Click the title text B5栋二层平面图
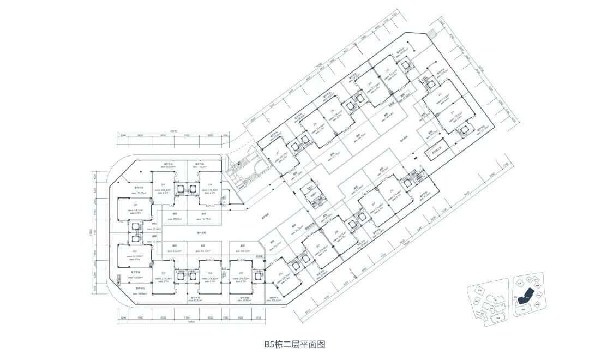(x=294, y=344)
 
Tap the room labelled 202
(x=131, y=253)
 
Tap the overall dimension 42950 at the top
(x=174, y=131)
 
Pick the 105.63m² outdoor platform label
(x=275, y=299)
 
